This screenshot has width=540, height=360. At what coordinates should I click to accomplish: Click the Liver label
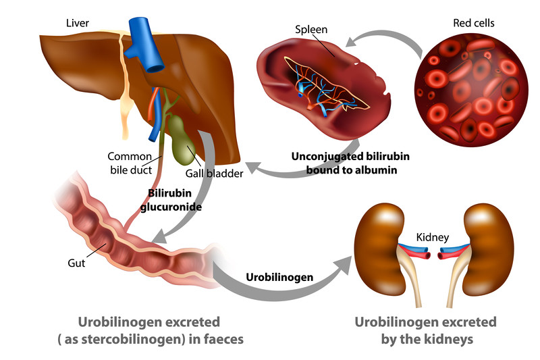pyautogui.click(x=78, y=22)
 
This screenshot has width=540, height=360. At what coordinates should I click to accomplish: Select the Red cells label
pyautogui.click(x=473, y=23)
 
